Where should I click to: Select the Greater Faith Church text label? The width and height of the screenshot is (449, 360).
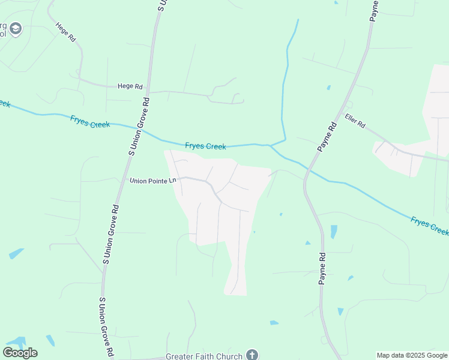pyautogui.click(x=203, y=355)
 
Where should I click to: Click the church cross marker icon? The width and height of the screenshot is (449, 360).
pyautogui.click(x=252, y=355)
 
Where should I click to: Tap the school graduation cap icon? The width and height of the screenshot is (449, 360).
pyautogui.click(x=15, y=28)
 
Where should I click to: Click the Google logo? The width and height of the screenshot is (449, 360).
pyautogui.click(x=20, y=352)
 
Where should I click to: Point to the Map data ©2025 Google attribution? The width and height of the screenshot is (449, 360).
pyautogui.click(x=412, y=355)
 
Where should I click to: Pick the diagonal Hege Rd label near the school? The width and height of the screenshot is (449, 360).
pyautogui.click(x=65, y=32)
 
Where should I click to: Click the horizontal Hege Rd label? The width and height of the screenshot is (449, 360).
pyautogui.click(x=130, y=86)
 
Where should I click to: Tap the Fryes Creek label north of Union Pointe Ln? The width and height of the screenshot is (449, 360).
pyautogui.click(x=205, y=146)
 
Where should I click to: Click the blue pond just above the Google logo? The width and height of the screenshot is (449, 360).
pyautogui.click(x=14, y=342)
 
